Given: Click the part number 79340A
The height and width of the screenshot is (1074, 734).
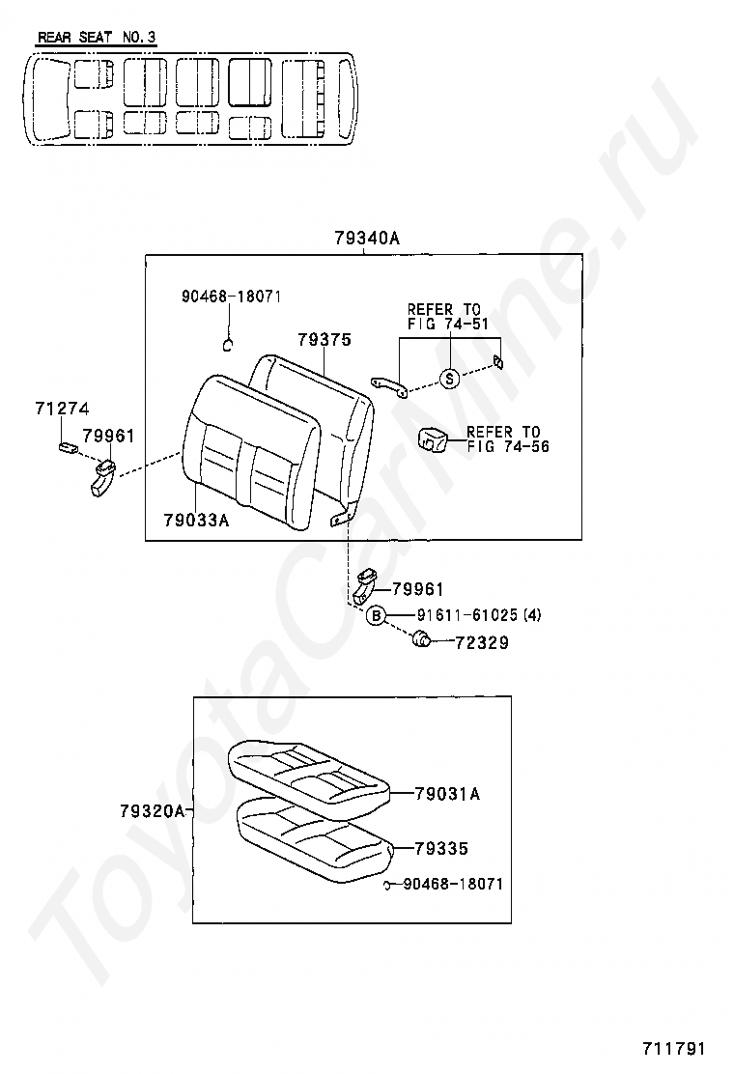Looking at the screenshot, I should coord(366,238).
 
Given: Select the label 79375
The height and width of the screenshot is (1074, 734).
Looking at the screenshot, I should coord(324,340).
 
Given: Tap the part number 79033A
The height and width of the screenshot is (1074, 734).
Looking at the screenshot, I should coord(196,521).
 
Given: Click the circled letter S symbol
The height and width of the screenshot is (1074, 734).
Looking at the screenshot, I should coord(450,379).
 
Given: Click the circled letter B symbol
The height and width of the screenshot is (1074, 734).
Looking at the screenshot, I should coord(377,615).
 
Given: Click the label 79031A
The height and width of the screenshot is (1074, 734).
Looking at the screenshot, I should coord(447,794).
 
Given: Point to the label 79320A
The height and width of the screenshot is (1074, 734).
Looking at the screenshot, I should coord(153,811).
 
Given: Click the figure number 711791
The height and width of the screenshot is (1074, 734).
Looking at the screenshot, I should coord(675,1049).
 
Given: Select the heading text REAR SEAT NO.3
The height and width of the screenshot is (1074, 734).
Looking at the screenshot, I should coord(97,38).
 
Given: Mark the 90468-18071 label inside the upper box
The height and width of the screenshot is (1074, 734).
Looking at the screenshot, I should coord(231,297).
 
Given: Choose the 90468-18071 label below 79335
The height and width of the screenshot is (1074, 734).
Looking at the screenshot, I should coord(452,884).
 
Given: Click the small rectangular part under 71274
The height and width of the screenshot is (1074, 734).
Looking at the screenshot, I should coord(69,446).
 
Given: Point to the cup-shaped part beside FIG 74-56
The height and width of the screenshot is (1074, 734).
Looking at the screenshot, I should coord(432,440).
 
